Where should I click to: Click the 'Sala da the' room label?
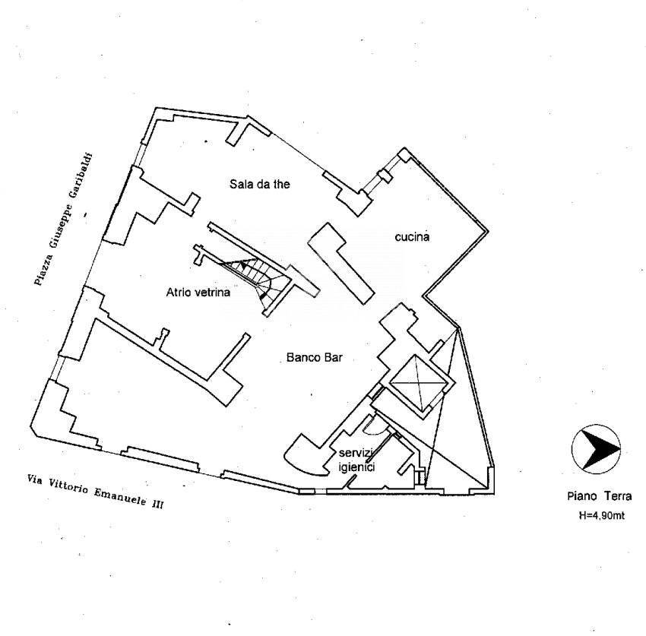(260, 184)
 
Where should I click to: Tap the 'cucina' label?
(412, 237)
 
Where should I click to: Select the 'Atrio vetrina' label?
(198, 293)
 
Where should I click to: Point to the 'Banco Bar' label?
(315, 357)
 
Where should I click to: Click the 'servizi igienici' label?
(356, 460)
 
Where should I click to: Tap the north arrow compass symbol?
(596, 449)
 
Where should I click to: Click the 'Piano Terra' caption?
(600, 496)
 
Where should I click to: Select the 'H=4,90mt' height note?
(601, 515)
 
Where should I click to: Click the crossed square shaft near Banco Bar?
(418, 383)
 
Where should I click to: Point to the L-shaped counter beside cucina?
(341, 263)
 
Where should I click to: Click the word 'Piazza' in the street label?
(44, 270)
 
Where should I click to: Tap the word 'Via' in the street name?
(36, 480)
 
